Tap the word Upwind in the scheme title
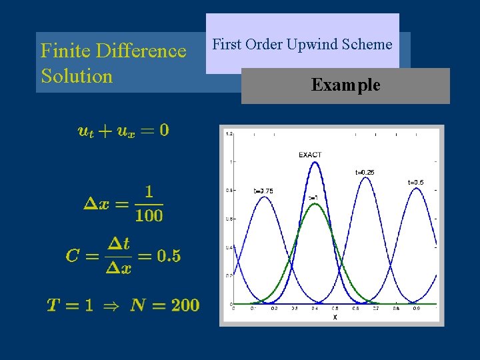310,45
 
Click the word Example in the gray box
345,85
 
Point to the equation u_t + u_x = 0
123,131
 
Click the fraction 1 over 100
149,204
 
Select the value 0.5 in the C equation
169,256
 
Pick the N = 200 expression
165,305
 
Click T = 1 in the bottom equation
69,305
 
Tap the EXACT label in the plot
310,155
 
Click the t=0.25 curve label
365,173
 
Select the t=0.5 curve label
415,182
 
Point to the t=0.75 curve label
263,191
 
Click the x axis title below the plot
335,317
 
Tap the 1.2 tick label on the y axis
229,134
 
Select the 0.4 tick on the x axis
314,309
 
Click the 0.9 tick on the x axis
416,309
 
